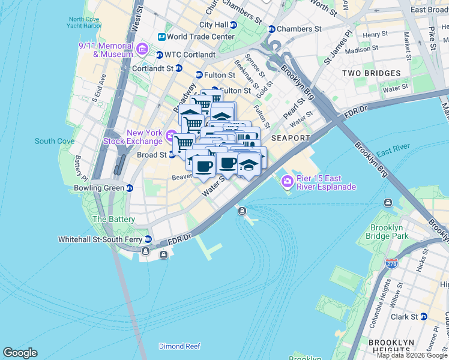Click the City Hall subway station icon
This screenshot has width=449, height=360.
pos(234,25)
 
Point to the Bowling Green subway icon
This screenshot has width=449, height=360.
pos(129,188)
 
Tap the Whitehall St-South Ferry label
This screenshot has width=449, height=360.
pos(100,239)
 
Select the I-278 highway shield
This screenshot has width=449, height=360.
pos(393,263)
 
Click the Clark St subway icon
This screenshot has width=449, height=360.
pos(423,316)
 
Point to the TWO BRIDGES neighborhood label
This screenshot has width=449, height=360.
pos(371,73)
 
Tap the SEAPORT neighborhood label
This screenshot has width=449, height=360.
pos(291,138)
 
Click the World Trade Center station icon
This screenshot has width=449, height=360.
pos(161,37)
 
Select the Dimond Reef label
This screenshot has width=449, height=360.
pos(179,346)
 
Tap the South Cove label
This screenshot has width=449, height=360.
pos(55,141)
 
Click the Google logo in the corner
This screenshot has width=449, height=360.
pos(20,353)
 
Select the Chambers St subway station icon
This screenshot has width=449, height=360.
pos(271,29)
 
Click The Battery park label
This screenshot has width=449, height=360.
pos(113,220)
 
